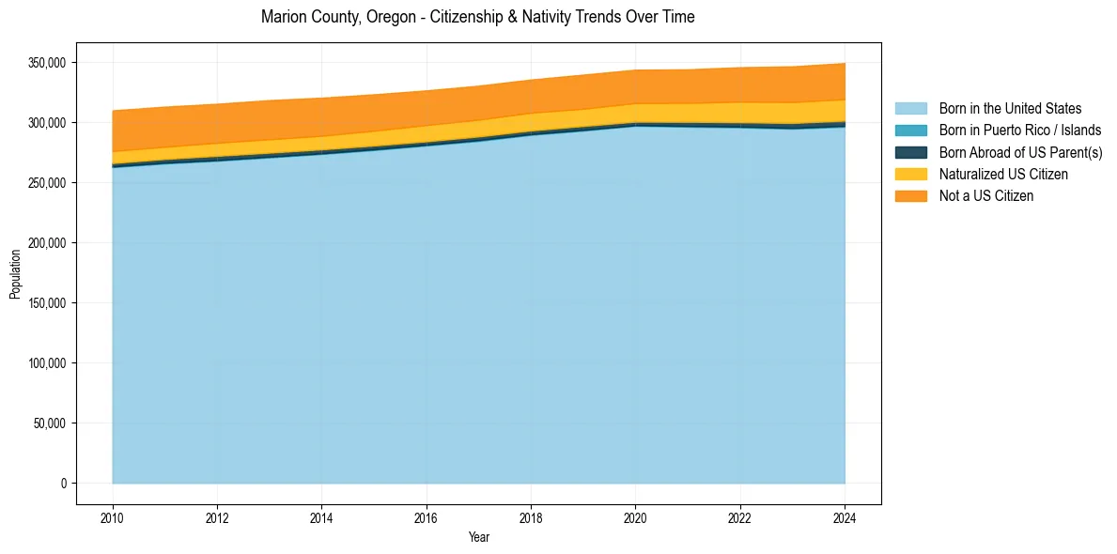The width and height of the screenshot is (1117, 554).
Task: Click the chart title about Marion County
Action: [478, 17]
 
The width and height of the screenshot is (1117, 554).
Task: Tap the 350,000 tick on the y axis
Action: [47, 63]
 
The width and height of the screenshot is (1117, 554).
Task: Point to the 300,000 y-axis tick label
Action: [47, 123]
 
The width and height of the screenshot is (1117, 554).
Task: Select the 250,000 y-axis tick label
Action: [47, 183]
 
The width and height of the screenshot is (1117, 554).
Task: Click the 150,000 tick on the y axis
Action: [47, 303]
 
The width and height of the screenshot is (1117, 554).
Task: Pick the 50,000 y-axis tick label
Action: [50, 423]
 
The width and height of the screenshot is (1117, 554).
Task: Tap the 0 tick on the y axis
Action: [64, 484]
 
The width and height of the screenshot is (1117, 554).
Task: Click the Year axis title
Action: [478, 537]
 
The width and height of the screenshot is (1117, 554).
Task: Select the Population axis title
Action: [15, 273]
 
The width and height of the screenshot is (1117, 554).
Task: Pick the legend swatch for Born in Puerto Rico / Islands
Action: [910, 131]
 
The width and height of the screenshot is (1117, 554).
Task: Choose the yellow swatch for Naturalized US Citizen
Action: [910, 174]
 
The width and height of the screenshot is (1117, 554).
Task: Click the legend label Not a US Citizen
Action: [986, 195]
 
